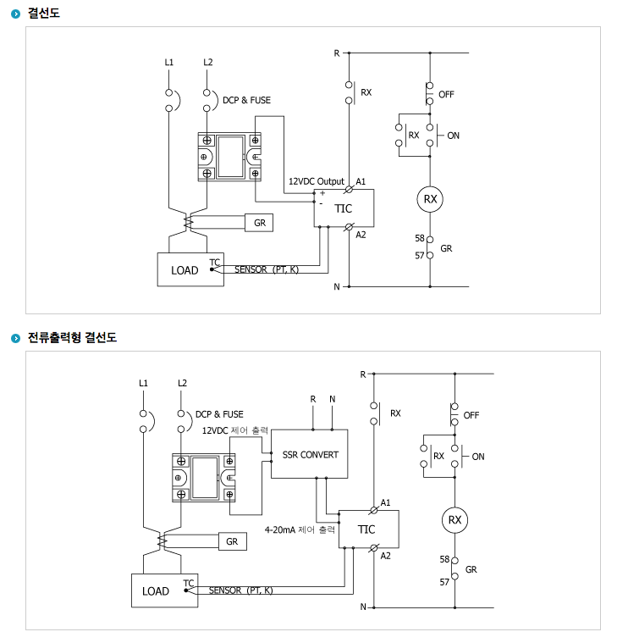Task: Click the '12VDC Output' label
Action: pyautogui.click(x=317, y=181)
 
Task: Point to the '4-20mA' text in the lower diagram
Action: pyautogui.click(x=280, y=529)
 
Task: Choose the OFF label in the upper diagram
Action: pyautogui.click(x=446, y=94)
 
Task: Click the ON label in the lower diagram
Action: pyautogui.click(x=478, y=457)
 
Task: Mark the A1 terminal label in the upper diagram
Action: pyautogui.click(x=361, y=181)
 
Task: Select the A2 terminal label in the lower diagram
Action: pyautogui.click(x=386, y=556)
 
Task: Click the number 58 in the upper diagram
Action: pyautogui.click(x=420, y=238)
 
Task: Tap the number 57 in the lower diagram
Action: pyautogui.click(x=444, y=582)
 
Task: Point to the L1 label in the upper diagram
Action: pyautogui.click(x=168, y=62)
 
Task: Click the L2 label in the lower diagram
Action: pyautogui.click(x=182, y=383)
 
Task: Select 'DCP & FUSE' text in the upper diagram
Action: pyautogui.click(x=246, y=100)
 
